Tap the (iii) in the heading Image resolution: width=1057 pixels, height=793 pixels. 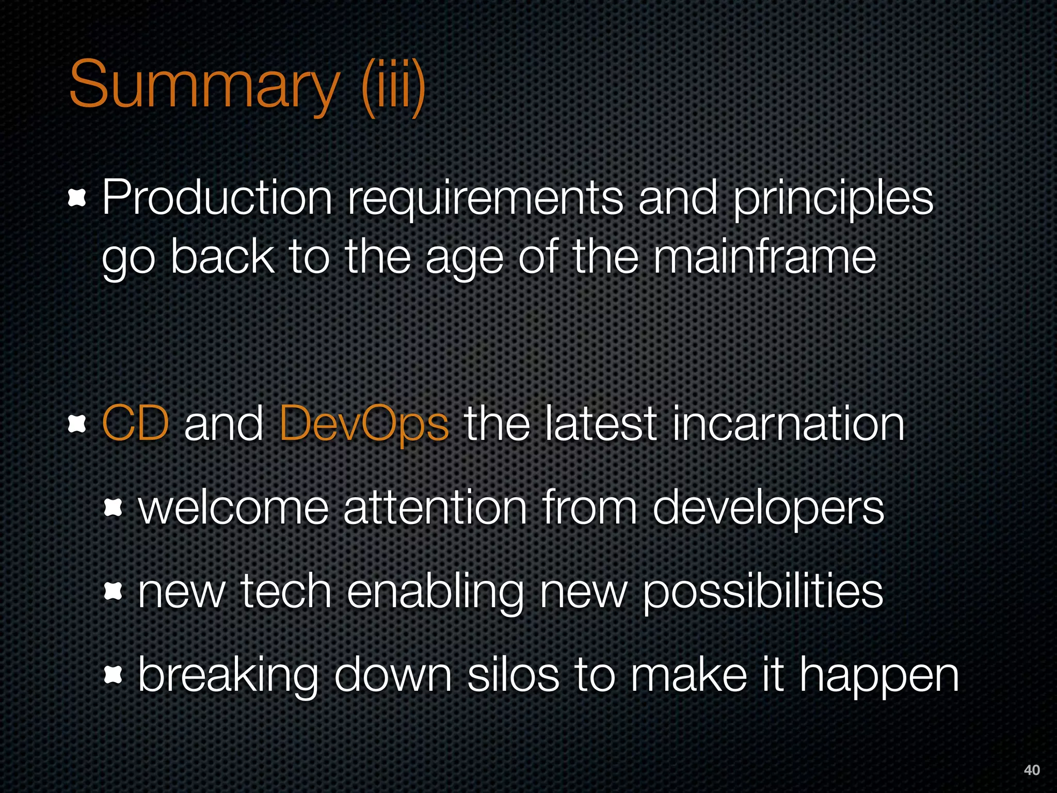tap(393, 85)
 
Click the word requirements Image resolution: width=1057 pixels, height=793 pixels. tap(485, 199)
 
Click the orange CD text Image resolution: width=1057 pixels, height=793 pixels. tap(136, 423)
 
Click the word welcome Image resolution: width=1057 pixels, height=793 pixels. tap(234, 508)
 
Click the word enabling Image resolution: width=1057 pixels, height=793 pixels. tap(435, 593)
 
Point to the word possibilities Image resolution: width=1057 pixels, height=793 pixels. tap(763, 593)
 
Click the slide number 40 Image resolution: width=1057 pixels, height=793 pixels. tap(1031, 770)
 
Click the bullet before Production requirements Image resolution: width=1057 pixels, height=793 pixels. tap(77, 198)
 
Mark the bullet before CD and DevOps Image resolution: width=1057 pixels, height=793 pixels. tap(77, 424)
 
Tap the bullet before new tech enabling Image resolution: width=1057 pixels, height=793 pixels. tap(113, 591)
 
